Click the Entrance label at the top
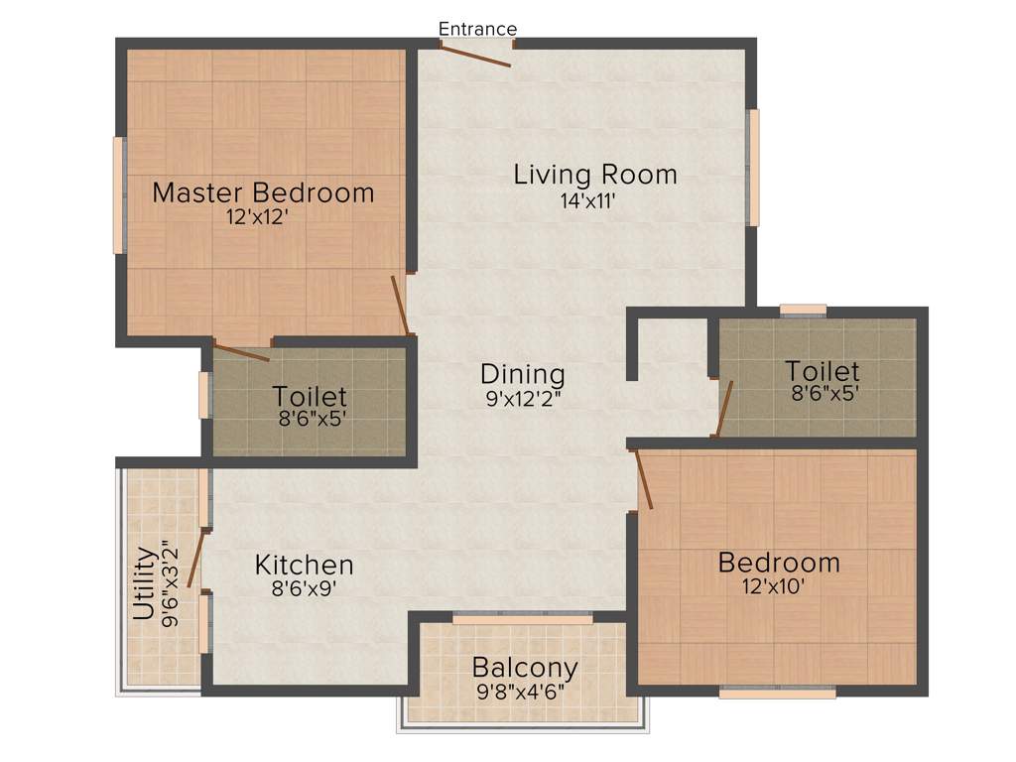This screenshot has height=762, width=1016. (x=477, y=29)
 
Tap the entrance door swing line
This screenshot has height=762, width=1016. (x=477, y=56)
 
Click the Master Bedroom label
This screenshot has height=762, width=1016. (x=263, y=191)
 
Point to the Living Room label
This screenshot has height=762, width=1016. (x=595, y=175)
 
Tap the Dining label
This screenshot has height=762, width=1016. (x=523, y=374)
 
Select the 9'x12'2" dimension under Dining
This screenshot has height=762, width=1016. (x=523, y=401)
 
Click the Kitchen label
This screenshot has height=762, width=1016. (x=304, y=565)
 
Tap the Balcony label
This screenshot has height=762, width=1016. (x=525, y=666)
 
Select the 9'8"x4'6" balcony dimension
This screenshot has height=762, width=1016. (x=525, y=691)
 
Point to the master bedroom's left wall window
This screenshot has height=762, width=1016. (x=118, y=195)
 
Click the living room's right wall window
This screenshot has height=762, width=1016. (x=754, y=168)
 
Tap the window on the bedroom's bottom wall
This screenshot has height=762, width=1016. (x=777, y=692)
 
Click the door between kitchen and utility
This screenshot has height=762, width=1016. (x=196, y=559)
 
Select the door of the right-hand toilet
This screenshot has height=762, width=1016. (x=724, y=408)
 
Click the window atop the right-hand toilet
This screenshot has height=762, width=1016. (x=803, y=310)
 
